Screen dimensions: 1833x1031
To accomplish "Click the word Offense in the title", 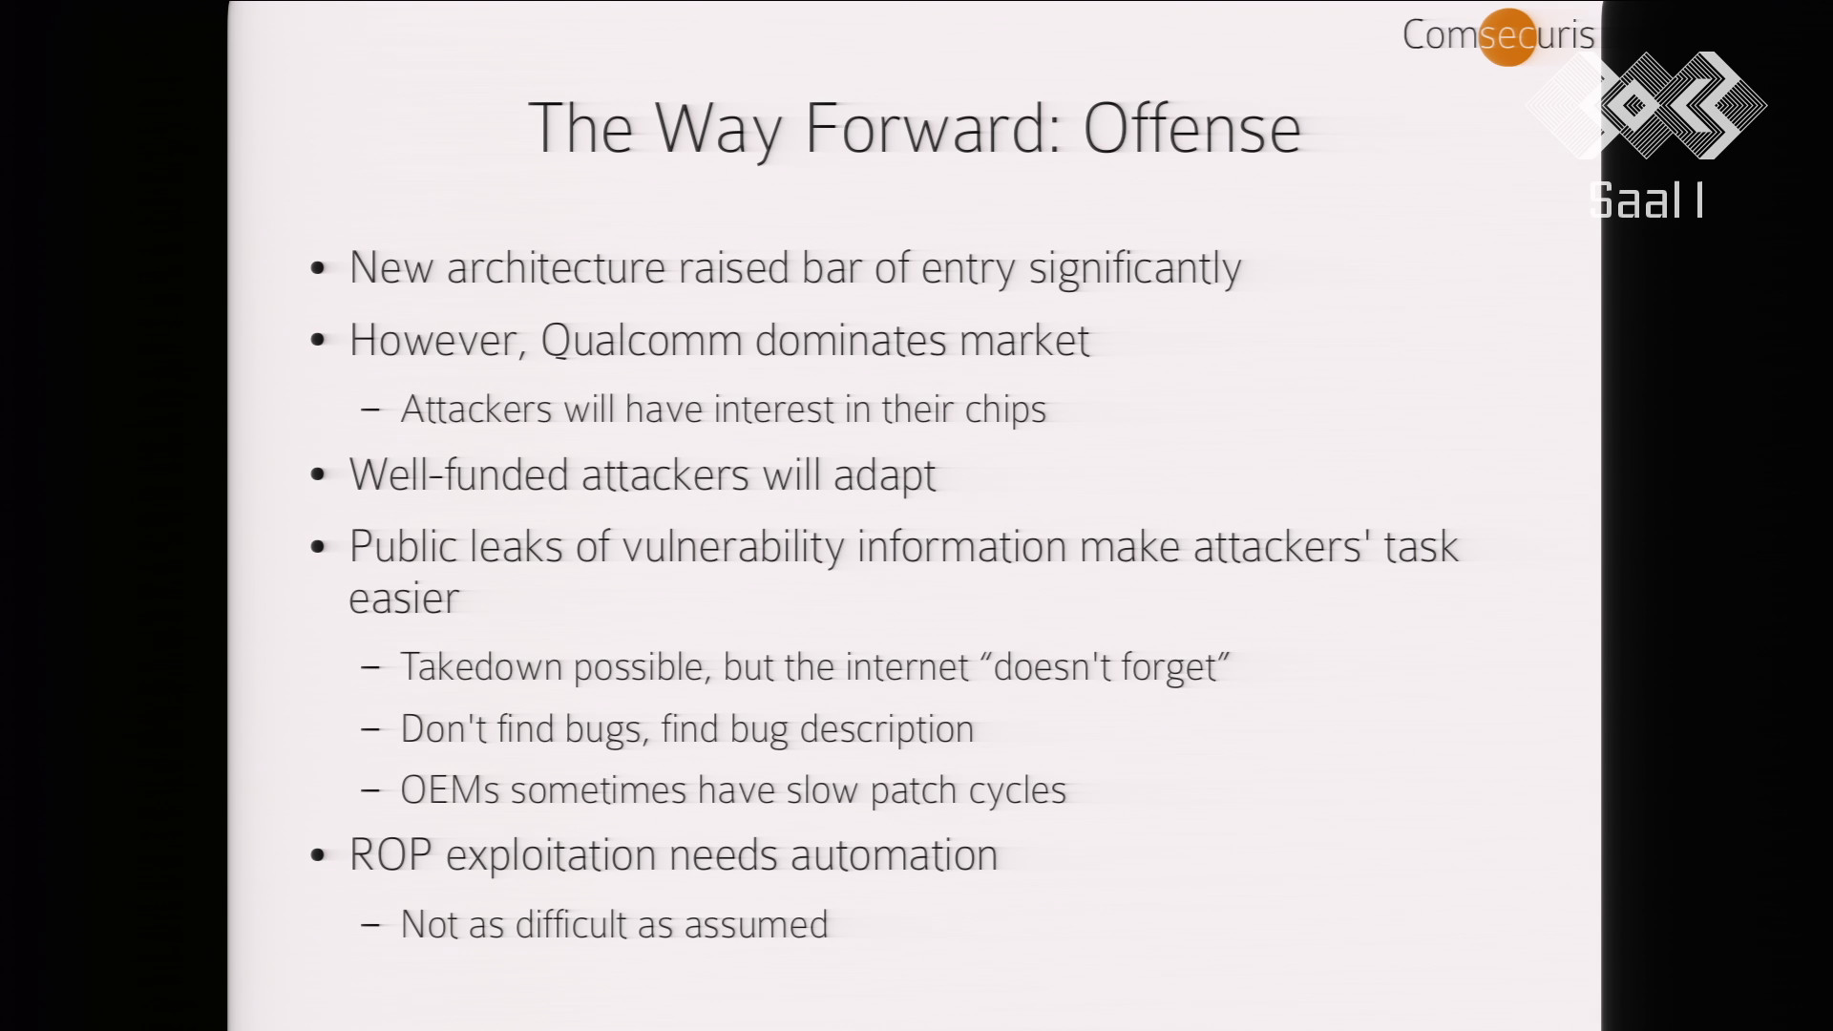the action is [1191, 128].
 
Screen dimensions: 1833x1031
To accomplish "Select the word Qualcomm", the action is [642, 342].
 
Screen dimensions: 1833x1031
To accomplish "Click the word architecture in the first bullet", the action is [556, 267].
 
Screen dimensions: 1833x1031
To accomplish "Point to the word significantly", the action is [1134, 269].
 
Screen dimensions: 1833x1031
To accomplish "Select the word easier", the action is [404, 600].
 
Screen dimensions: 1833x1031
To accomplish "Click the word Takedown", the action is [481, 666].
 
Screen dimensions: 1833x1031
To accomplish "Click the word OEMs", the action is [450, 790].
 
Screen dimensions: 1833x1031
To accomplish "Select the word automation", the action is [894, 855].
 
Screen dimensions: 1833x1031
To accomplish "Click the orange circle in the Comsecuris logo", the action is [1507, 37].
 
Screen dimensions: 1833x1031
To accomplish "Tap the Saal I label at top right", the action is [1646, 200].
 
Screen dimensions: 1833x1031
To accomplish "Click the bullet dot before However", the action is [319, 341].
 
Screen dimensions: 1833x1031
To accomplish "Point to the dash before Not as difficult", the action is [371, 925].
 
